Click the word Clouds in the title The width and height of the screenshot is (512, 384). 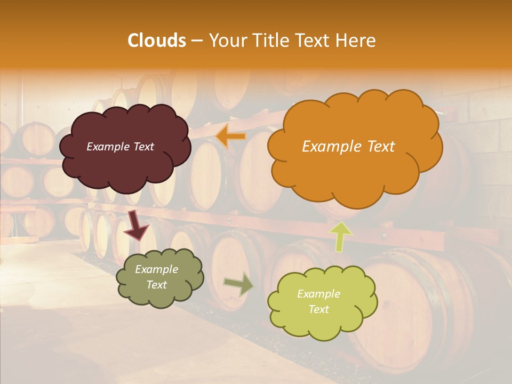tap(157, 41)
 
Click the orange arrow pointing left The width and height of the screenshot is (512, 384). tap(231, 137)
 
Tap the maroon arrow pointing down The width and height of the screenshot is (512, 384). tap(137, 225)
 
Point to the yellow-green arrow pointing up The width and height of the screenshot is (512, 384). tap(340, 236)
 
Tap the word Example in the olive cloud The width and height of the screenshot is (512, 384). tap(157, 270)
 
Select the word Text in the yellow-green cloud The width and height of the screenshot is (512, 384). tap(319, 309)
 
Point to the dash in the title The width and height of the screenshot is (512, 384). tap(197, 41)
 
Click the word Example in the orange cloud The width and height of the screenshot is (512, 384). tap(329, 147)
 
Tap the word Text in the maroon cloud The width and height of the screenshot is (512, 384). tap(143, 147)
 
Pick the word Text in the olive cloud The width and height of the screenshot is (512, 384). tap(157, 285)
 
